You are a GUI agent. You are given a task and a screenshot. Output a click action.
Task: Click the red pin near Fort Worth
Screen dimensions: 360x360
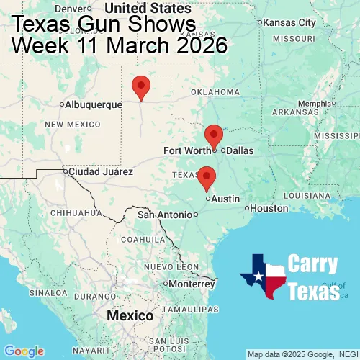point(214,135)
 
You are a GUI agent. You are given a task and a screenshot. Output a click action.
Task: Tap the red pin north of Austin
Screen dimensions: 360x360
point(207,176)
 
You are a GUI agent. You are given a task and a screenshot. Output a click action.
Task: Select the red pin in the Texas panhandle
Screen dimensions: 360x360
point(141,86)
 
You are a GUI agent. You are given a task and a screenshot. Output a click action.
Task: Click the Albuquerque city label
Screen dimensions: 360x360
point(94,104)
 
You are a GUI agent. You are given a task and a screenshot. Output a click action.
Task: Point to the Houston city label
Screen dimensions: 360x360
point(270,208)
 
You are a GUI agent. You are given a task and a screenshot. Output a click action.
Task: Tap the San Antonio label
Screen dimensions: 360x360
point(166,215)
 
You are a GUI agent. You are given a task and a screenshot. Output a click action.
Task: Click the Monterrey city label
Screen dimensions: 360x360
point(193,284)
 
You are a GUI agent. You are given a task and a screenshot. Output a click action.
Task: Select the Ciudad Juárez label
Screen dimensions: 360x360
point(100,172)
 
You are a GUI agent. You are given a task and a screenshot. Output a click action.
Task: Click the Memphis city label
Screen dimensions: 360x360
point(315,103)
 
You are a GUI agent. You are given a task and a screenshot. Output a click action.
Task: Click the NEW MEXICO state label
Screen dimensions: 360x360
point(72,125)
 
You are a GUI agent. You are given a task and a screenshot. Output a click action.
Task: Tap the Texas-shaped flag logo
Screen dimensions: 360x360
point(263,276)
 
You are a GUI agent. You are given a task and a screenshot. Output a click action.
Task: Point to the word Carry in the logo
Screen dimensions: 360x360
point(313,264)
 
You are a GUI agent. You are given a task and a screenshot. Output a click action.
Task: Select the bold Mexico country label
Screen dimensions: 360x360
point(130,316)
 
